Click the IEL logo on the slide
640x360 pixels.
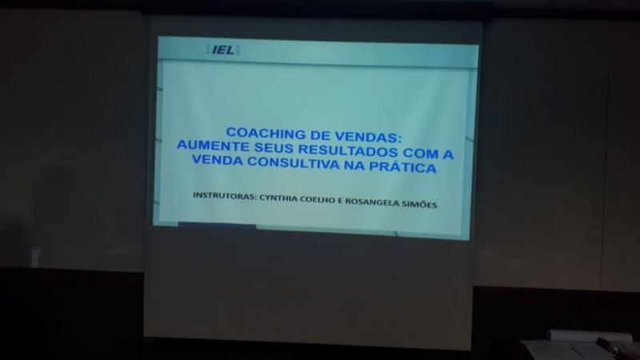[223, 50]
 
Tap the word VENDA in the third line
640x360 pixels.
[217, 159]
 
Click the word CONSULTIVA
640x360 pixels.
[294, 162]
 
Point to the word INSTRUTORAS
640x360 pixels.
[225, 195]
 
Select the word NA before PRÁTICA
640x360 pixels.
[354, 165]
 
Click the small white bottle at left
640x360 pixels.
[35, 257]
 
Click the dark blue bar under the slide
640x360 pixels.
[217, 225]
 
